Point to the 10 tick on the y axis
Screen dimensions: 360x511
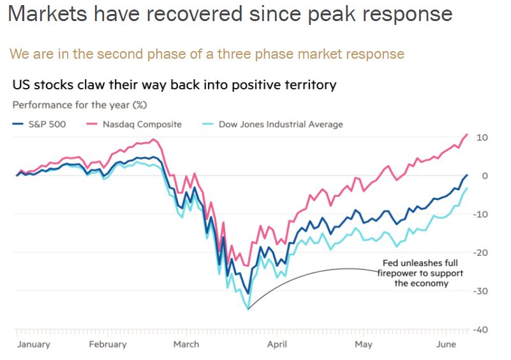point(482,137)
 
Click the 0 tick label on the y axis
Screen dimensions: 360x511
point(485,176)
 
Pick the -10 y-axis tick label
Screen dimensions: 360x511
point(480,214)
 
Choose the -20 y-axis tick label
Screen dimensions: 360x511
point(480,253)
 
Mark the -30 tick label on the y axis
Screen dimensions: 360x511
point(480,291)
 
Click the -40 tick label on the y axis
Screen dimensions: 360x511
point(480,329)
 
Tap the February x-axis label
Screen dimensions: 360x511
point(107,344)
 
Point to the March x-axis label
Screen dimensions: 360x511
point(186,344)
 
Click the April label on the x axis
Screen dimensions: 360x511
point(277,344)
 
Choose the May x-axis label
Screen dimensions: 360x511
point(364,344)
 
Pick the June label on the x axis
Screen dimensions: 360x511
point(445,344)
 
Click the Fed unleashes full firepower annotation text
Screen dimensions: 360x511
point(421,273)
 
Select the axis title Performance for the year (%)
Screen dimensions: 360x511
point(80,105)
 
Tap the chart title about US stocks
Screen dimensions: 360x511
point(174,84)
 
